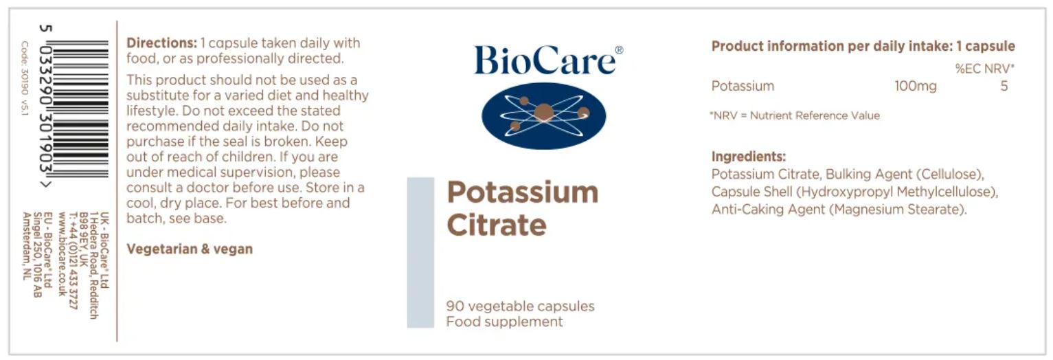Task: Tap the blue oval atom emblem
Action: click(x=544, y=115)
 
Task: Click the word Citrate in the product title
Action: click(x=497, y=225)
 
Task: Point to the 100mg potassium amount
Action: click(x=915, y=86)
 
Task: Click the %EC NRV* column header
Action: click(x=985, y=69)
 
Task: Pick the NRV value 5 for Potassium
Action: click(x=1004, y=86)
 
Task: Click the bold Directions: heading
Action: click(x=161, y=43)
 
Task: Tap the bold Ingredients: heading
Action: click(x=749, y=157)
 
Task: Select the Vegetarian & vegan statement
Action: click(x=190, y=249)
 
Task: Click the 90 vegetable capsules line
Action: click(x=520, y=306)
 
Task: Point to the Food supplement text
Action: click(x=504, y=322)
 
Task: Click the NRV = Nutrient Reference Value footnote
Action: click(x=795, y=115)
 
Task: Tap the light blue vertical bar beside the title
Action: click(x=420, y=252)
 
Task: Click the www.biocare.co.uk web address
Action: click(x=62, y=254)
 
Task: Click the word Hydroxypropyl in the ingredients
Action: click(x=847, y=192)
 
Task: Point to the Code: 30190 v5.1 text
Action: click(x=25, y=78)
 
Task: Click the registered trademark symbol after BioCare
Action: click(x=619, y=50)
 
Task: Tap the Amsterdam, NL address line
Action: click(x=27, y=246)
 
